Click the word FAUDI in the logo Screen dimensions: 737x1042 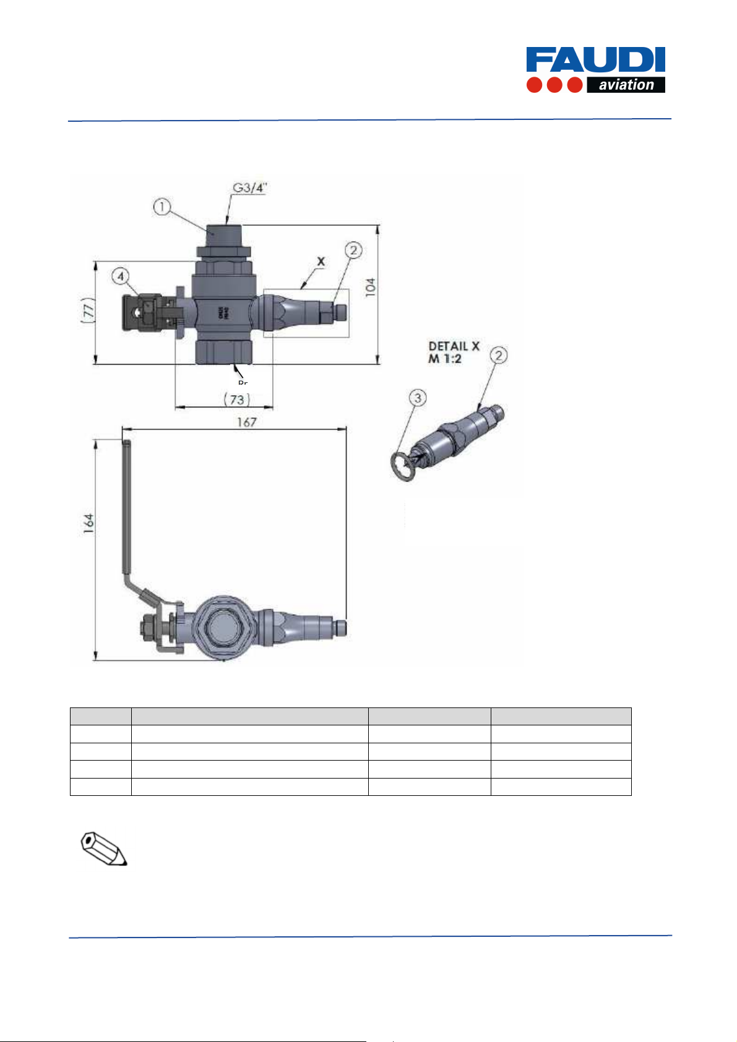point(595,61)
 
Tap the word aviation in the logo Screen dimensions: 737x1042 point(626,85)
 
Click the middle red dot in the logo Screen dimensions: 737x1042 point(554,85)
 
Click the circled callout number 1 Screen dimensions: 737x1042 point(162,207)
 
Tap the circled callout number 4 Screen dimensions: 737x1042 point(121,276)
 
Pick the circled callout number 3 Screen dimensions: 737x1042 point(418,398)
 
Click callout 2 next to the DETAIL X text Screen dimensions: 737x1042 point(499,356)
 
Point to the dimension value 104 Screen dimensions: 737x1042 point(370,286)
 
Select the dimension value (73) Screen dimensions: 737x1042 point(236,399)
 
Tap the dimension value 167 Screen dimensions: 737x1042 point(246,422)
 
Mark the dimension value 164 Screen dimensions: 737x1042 point(89,523)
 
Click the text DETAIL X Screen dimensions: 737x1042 point(454,347)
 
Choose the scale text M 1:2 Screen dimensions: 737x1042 point(445,359)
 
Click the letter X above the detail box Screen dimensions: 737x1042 point(321,262)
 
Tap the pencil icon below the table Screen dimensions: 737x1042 point(105,848)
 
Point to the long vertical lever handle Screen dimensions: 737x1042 point(126,507)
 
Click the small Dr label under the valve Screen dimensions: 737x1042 point(243,383)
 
